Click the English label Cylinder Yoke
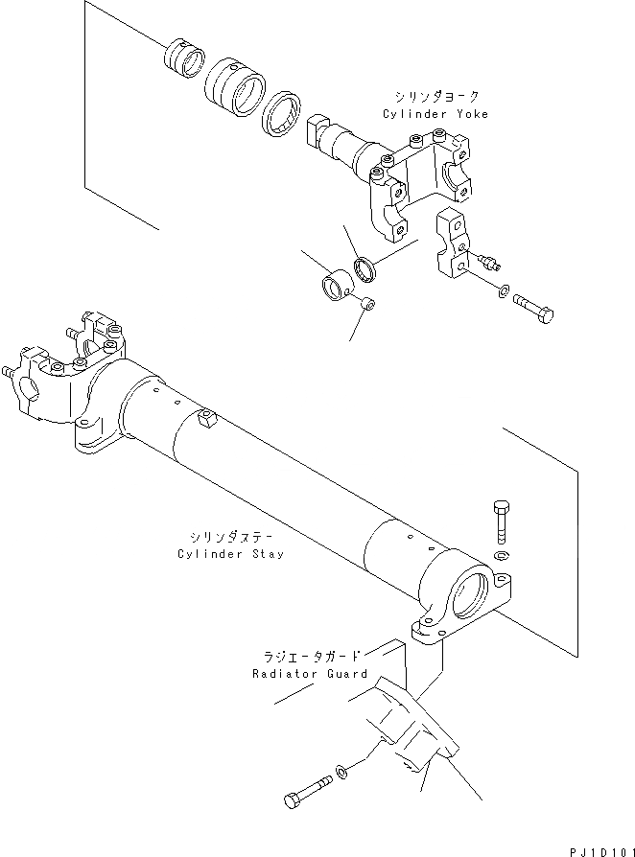435,114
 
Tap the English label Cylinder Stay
230,555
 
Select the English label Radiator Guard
310,674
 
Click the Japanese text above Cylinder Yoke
436,97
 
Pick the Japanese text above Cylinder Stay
230,538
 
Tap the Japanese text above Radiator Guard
312,657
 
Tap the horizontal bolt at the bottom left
305,793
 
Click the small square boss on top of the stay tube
206,418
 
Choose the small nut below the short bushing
367,305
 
